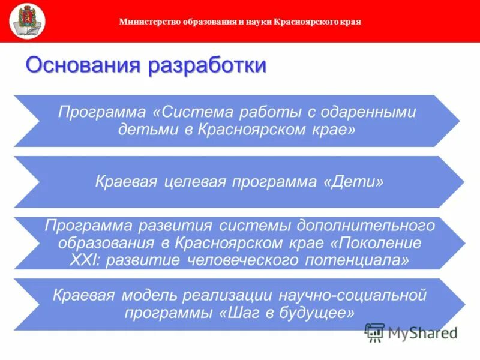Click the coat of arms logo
point(28,20)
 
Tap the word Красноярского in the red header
point(304,22)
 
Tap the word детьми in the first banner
point(145,129)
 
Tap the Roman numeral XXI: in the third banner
point(85,260)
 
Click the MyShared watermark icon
point(375,332)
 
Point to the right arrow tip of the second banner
point(463,182)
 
